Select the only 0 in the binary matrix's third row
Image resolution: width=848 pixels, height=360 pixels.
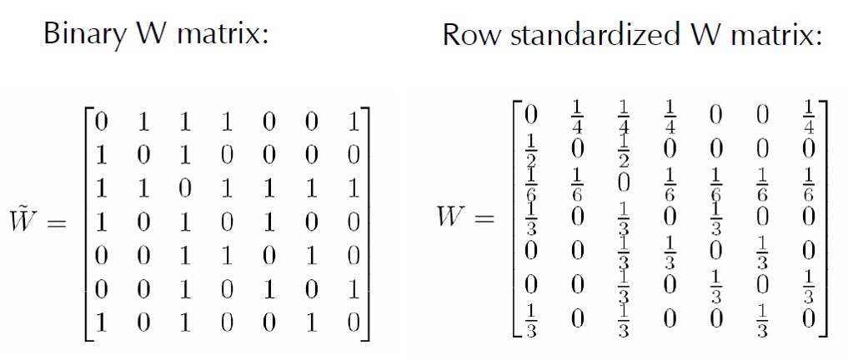(x=184, y=188)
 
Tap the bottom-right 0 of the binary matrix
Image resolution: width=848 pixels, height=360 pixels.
(x=353, y=322)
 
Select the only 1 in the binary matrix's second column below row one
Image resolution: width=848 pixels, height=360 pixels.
(x=143, y=188)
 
